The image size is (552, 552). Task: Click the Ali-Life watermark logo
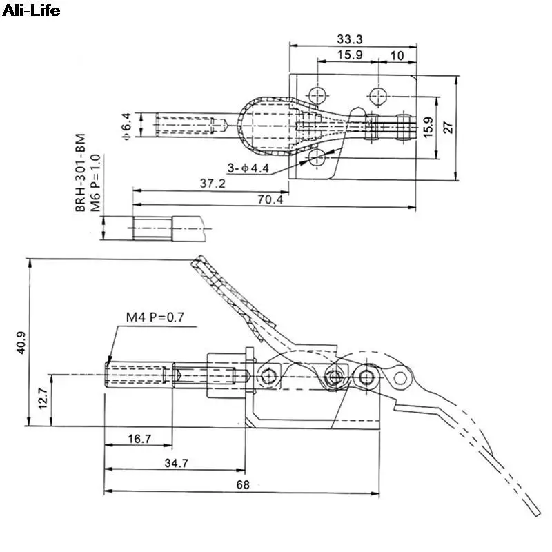click(31, 10)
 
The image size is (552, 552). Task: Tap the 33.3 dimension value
click(349, 39)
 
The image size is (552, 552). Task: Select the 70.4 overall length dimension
click(270, 199)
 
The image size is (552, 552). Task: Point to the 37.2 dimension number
click(213, 184)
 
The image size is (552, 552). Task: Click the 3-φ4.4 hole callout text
click(248, 168)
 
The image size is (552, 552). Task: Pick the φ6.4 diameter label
click(126, 126)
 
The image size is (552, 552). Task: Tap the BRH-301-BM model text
click(80, 172)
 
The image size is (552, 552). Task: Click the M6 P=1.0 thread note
click(95, 183)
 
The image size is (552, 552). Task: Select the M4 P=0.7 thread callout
click(155, 317)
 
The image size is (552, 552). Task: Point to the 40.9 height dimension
click(21, 342)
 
